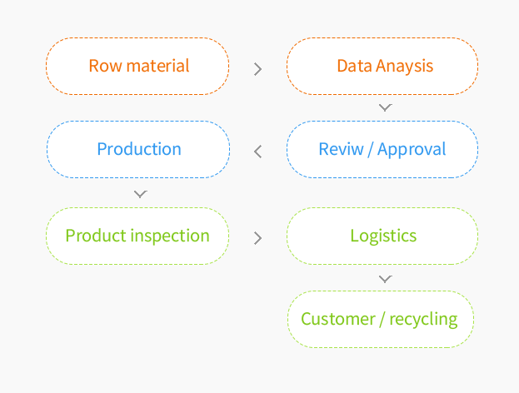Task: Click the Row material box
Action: pos(137,66)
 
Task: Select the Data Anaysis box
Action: pos(382,66)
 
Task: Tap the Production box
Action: pos(138,149)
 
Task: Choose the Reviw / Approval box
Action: pos(382,149)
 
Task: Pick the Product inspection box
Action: pos(137,236)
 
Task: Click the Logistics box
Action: pos(382,236)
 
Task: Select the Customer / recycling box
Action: pos(381,319)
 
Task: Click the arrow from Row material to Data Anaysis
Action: pos(258,69)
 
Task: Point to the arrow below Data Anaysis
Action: pos(385,107)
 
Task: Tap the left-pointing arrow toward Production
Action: pos(258,152)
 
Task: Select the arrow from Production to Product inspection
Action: pos(140,194)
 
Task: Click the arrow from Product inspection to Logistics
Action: pos(258,238)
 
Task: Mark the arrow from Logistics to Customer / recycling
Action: pos(385,279)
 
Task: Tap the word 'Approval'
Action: pos(412,150)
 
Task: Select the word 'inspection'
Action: pos(170,236)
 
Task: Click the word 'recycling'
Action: pos(423,320)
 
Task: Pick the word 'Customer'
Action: pos(338,319)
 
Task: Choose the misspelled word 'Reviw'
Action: pos(341,149)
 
